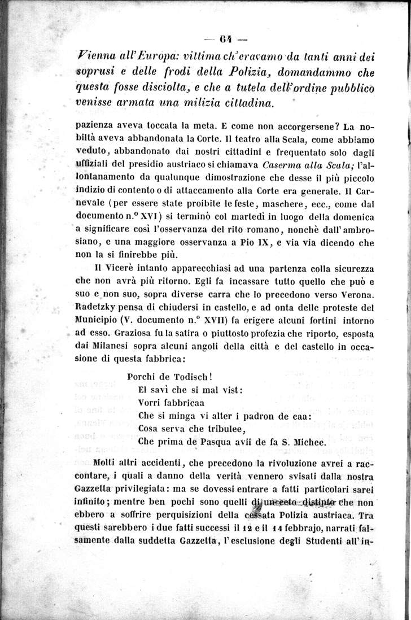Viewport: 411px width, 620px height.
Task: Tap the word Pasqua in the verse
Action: pos(213,442)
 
